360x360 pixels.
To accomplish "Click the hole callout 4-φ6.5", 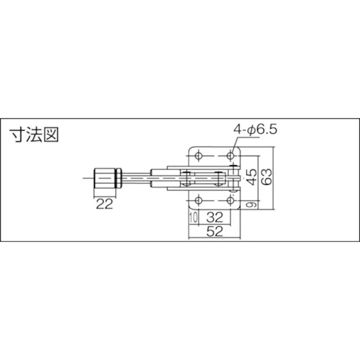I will tap(255, 130).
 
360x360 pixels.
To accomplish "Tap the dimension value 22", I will tap(104, 204).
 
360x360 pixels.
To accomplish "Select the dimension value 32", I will tap(215, 218).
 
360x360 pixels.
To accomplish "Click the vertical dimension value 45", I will tap(250, 177).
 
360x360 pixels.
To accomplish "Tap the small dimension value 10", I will tap(192, 218).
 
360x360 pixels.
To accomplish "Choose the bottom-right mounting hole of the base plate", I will tap(231, 200).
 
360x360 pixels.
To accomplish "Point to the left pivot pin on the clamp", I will tap(188, 178).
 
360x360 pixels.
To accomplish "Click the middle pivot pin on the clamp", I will tap(218, 178).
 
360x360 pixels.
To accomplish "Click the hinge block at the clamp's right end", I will tap(233, 178).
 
